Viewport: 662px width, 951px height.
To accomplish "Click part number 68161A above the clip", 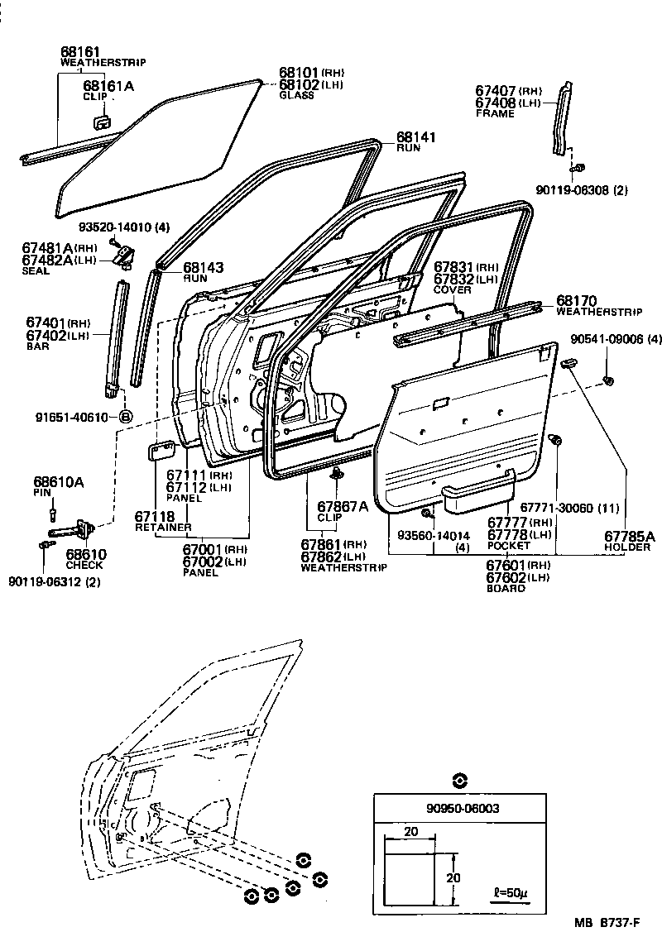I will (106, 85).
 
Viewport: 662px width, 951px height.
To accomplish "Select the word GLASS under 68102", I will (296, 96).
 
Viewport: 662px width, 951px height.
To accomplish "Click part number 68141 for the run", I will (416, 137).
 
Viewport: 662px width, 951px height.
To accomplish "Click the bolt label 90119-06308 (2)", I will (582, 190).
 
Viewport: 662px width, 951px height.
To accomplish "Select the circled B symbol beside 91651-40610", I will (126, 416).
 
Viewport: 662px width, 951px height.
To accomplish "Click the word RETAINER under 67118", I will (163, 527).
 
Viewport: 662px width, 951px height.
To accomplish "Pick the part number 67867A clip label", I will (343, 507).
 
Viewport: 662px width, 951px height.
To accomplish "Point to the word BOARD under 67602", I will (506, 588).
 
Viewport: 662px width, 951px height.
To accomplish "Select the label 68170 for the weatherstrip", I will (577, 301).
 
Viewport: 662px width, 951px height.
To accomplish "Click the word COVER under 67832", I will (453, 289).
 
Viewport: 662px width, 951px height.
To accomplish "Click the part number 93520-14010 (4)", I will (124, 227).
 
